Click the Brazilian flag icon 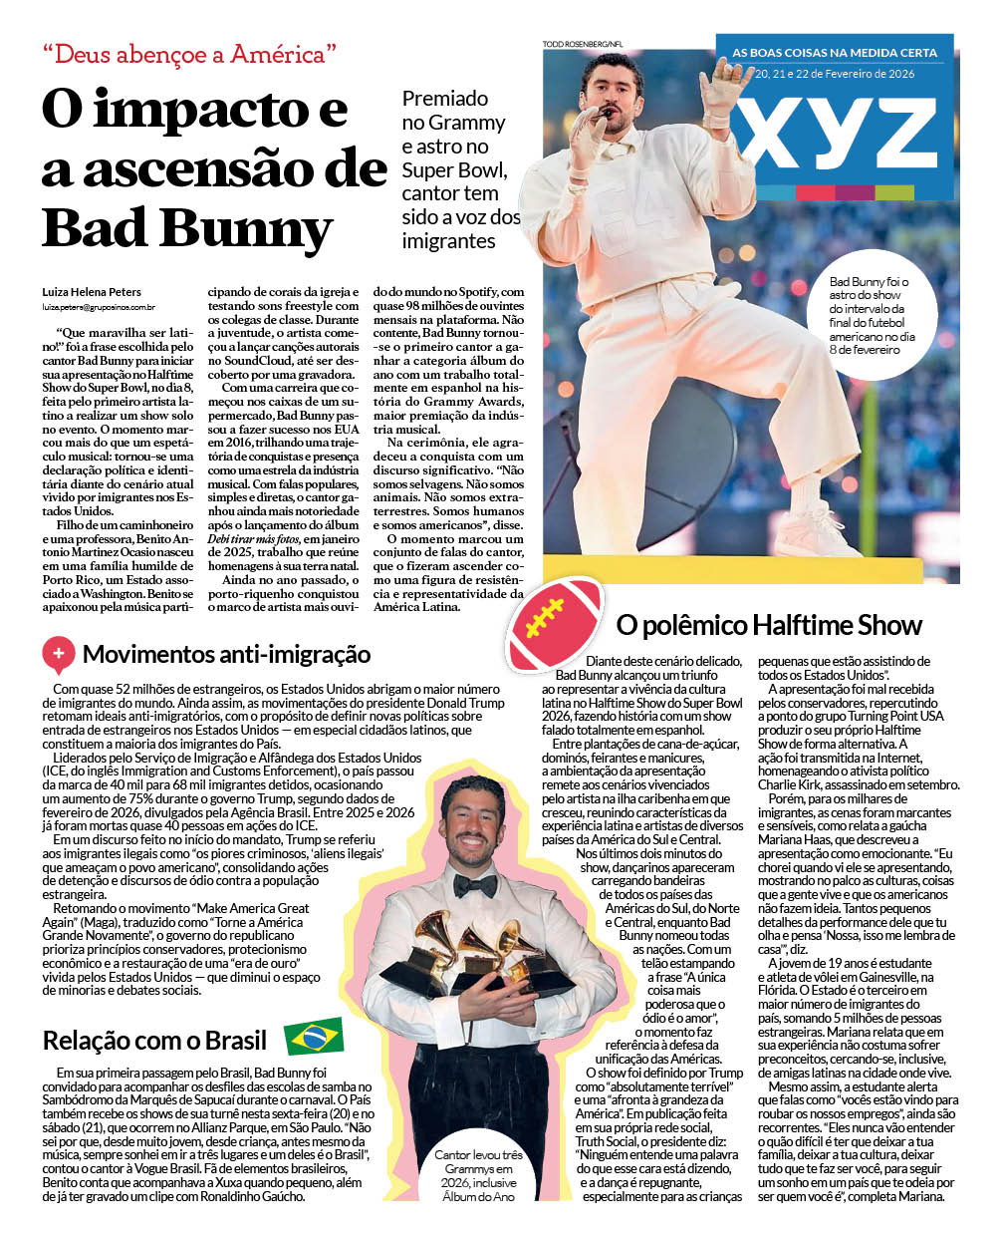pos(314,1037)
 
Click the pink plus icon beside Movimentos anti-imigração pos(58,654)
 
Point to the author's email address pos(98,309)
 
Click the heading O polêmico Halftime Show pos(769,626)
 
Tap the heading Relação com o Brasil pos(154,1041)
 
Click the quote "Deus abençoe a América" pos(189,54)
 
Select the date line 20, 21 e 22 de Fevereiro pos(835,74)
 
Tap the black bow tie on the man pos(475,884)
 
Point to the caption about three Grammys pos(478,1175)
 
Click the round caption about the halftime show pos(869,315)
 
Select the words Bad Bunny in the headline pos(187,227)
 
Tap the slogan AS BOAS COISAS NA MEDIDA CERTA pos(835,53)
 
